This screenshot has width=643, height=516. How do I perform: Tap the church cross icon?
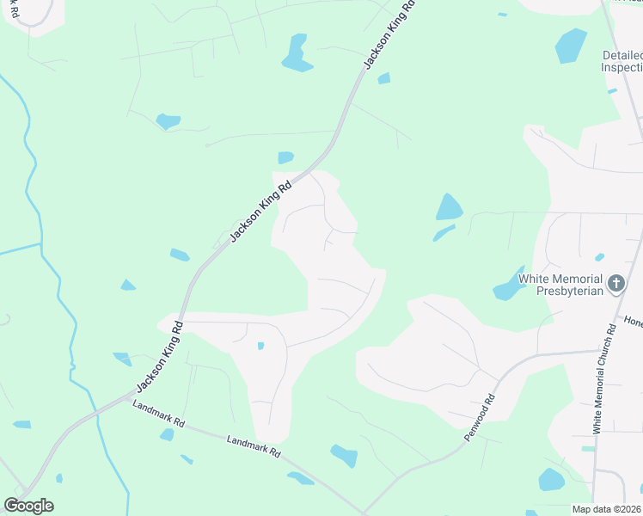click(x=615, y=284)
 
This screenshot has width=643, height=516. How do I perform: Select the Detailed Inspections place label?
click(x=621, y=61)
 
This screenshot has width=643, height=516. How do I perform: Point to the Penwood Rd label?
click(x=480, y=417)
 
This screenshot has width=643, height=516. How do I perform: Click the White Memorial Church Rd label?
click(x=604, y=378)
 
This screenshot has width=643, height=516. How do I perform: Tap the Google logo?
click(x=28, y=506)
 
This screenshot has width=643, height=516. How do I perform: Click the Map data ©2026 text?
click(x=607, y=509)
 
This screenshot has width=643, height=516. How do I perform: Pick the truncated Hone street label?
click(x=633, y=322)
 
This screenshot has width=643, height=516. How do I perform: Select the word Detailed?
click(x=622, y=55)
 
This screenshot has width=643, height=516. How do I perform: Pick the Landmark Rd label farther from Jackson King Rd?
click(x=254, y=445)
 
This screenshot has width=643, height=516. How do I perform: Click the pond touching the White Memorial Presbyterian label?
click(x=507, y=286)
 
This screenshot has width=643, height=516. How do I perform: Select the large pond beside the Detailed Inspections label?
click(x=571, y=46)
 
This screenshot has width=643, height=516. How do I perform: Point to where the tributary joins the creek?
click(x=41, y=245)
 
